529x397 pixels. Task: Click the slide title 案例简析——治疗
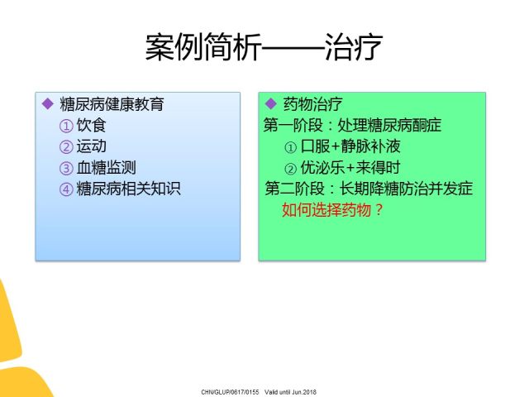click(x=264, y=46)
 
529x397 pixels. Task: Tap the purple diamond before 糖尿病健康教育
click(x=48, y=103)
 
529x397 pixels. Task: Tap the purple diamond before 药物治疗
click(x=271, y=103)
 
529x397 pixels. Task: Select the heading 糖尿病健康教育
click(x=112, y=104)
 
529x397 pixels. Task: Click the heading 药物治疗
click(x=312, y=104)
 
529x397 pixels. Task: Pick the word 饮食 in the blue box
click(x=91, y=125)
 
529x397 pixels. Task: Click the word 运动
click(x=91, y=146)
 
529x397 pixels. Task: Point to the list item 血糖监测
click(x=107, y=167)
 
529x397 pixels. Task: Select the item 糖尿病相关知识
click(x=129, y=189)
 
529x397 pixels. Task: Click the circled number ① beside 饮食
click(x=66, y=127)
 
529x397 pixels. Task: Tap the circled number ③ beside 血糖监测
click(x=66, y=169)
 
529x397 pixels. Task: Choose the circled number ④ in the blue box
click(x=66, y=189)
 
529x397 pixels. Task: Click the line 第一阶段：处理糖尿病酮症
click(x=353, y=125)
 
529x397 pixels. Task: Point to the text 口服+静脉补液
click(x=350, y=146)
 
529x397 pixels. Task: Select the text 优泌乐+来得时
click(x=350, y=167)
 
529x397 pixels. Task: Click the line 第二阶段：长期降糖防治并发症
click(x=369, y=189)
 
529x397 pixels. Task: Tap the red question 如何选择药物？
click(x=332, y=210)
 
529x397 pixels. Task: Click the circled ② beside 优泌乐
click(x=290, y=169)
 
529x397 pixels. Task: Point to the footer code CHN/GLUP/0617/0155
click(x=230, y=392)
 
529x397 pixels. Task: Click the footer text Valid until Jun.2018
click(x=290, y=392)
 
